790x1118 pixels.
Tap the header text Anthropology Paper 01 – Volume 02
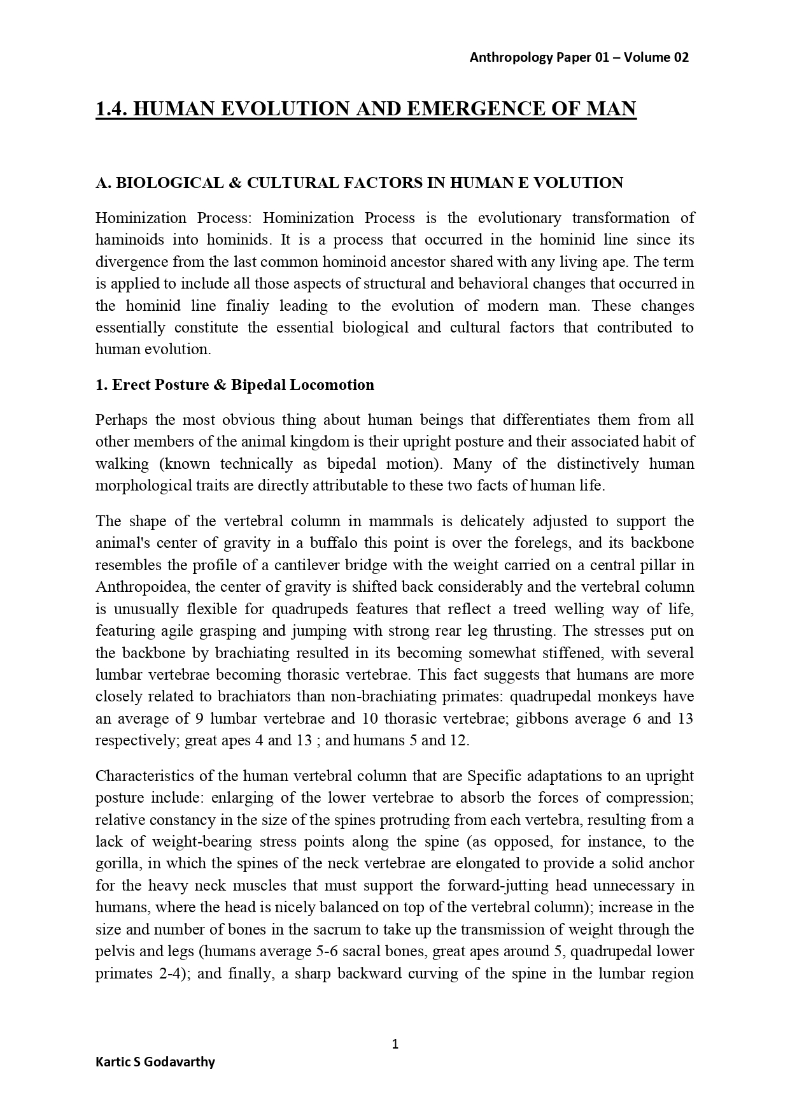pyautogui.click(x=579, y=57)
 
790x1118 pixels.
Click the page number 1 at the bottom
pyautogui.click(x=395, y=1043)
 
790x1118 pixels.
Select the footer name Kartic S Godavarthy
pyautogui.click(x=155, y=1062)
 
